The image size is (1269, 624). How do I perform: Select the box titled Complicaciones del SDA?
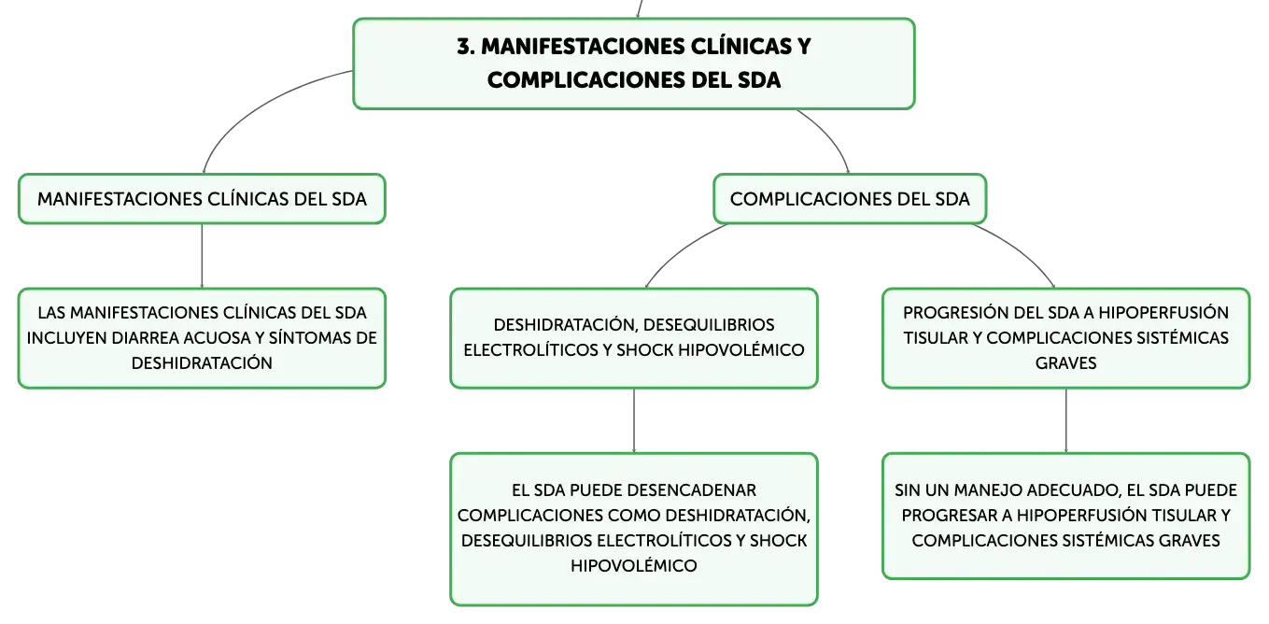(849, 199)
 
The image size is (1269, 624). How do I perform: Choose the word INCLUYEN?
(67, 338)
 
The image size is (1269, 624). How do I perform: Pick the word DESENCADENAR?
(692, 489)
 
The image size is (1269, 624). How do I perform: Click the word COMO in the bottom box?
(635, 516)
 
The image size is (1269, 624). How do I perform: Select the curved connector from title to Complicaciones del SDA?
(832, 136)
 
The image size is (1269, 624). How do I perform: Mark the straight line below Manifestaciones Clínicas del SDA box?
(202, 256)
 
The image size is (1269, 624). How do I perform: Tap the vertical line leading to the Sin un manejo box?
(1066, 420)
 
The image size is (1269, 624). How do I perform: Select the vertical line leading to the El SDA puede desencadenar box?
(634, 420)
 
